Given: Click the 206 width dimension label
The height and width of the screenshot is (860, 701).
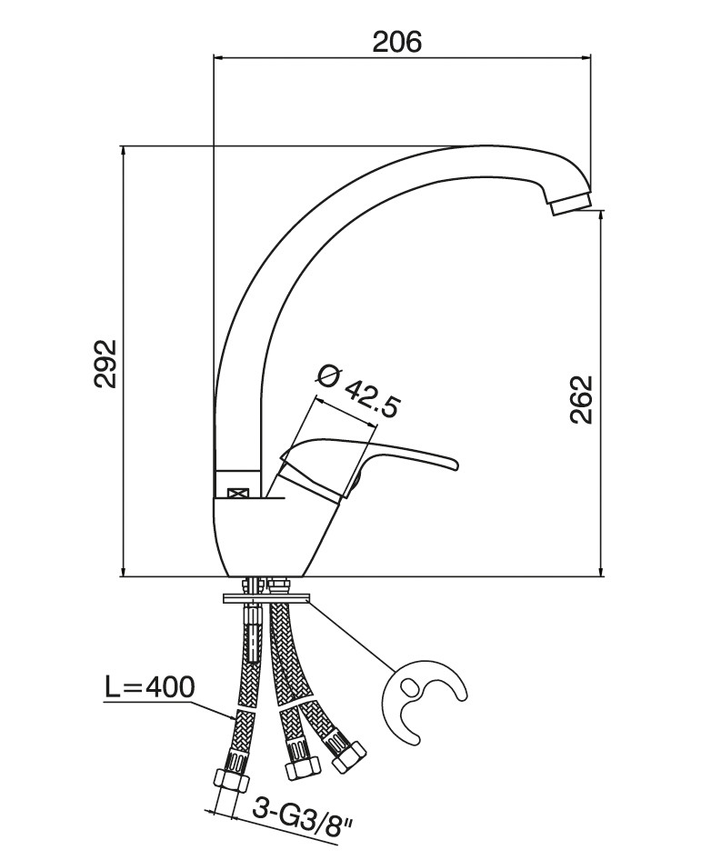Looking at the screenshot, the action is (x=397, y=41).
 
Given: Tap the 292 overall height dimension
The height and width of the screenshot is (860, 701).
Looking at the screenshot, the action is (x=105, y=365).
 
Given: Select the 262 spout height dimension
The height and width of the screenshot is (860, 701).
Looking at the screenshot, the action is (x=581, y=399).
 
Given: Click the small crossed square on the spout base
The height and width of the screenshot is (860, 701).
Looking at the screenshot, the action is (x=237, y=493).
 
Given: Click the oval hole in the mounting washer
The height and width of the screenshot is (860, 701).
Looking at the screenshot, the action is (x=410, y=686).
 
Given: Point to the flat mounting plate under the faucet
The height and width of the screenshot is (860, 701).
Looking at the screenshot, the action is (x=266, y=598).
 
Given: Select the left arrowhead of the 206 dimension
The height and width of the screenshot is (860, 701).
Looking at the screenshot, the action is (x=218, y=56).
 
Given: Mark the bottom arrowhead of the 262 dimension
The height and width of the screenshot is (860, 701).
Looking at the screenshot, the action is (x=602, y=572).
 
